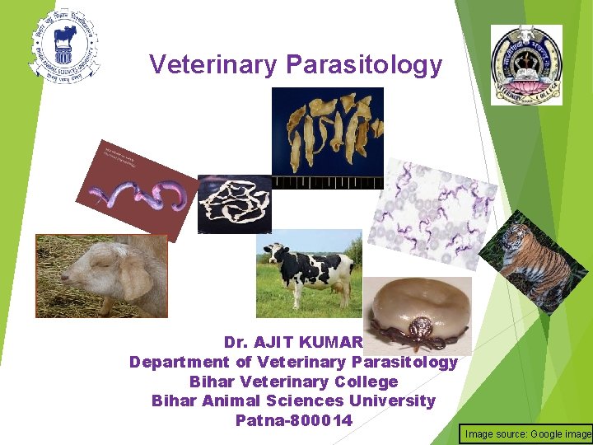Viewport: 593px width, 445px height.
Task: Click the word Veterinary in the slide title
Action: point(214,64)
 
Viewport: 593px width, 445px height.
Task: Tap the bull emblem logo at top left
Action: point(64,46)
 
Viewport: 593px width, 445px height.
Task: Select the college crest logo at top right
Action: point(526,64)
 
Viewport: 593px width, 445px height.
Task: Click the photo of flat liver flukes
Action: point(327,132)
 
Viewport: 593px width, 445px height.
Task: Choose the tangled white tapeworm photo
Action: point(234,203)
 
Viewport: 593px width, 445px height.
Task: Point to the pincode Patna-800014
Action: point(293,421)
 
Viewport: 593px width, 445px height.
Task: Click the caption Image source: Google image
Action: point(528,433)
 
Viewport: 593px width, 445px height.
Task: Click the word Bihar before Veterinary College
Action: point(210,382)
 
